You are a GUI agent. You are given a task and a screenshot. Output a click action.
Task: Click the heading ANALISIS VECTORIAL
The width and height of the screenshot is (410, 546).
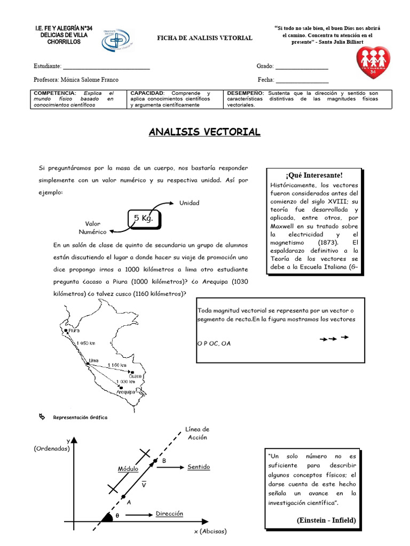(204, 132)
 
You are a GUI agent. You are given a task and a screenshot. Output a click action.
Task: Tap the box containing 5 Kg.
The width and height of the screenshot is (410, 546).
(144, 219)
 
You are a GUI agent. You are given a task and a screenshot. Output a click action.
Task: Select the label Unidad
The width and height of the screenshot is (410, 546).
(189, 203)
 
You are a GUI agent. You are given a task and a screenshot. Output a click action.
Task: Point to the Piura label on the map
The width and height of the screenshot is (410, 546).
(74, 331)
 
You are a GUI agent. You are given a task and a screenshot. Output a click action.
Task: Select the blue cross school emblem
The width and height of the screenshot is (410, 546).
(117, 39)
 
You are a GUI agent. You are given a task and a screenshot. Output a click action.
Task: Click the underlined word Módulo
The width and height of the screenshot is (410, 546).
(128, 469)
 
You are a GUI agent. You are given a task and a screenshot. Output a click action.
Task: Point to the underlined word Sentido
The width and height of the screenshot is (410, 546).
(199, 467)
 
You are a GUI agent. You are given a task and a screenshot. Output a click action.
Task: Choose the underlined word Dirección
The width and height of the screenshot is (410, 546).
(169, 514)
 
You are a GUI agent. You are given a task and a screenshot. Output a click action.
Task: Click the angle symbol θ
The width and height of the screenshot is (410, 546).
(117, 516)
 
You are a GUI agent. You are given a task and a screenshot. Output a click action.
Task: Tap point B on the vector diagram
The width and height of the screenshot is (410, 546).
(164, 460)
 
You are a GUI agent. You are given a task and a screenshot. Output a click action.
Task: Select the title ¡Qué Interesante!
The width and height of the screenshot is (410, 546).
(314, 175)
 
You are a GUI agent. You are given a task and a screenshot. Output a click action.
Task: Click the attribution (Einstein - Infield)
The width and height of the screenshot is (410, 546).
(325, 520)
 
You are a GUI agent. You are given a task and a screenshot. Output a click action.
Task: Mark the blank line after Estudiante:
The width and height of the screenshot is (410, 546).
(106, 67)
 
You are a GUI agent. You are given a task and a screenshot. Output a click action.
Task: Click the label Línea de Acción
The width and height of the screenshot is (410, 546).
(197, 433)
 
